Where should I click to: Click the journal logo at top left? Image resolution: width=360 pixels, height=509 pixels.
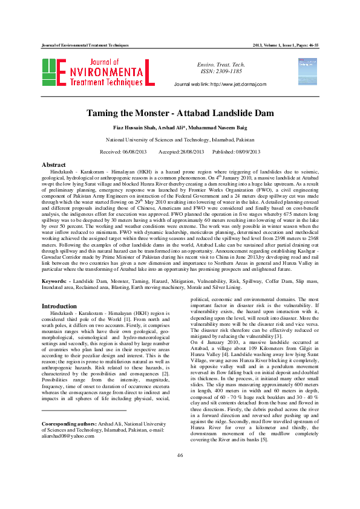(98, 72)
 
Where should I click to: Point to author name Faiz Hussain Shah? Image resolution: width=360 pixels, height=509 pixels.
(134, 128)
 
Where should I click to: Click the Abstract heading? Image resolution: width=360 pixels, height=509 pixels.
(53, 164)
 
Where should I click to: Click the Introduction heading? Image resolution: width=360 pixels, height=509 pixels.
(59, 306)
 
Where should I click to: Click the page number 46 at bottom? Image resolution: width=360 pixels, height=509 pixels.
(180, 488)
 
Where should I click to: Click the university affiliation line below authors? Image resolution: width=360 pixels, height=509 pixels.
(180, 139)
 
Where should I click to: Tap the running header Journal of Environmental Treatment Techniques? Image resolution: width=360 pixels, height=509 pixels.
(85, 45)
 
